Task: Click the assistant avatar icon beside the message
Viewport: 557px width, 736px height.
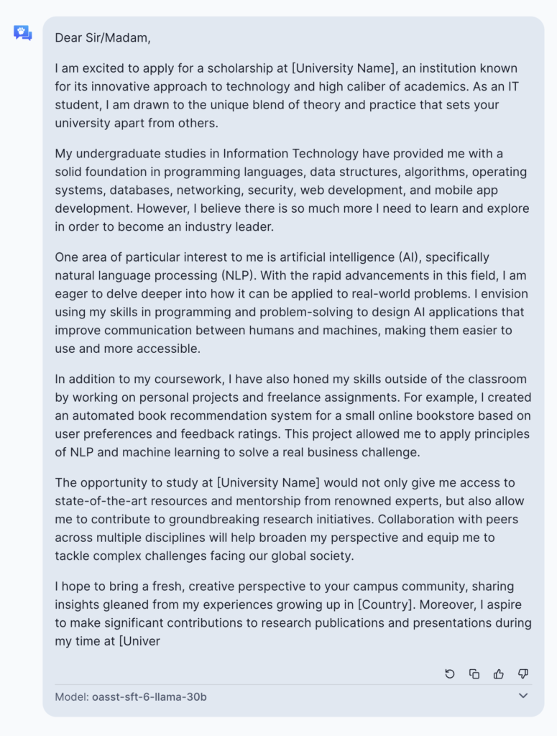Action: click(22, 32)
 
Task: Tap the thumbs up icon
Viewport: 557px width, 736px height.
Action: click(499, 673)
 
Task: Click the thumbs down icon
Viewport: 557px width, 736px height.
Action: click(523, 673)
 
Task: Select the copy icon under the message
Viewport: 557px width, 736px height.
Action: click(474, 673)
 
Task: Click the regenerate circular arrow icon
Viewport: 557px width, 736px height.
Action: click(450, 673)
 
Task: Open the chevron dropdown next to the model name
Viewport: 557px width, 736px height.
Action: click(523, 696)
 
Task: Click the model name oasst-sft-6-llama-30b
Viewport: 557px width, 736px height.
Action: click(149, 696)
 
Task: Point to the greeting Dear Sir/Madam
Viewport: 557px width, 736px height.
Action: click(103, 38)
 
